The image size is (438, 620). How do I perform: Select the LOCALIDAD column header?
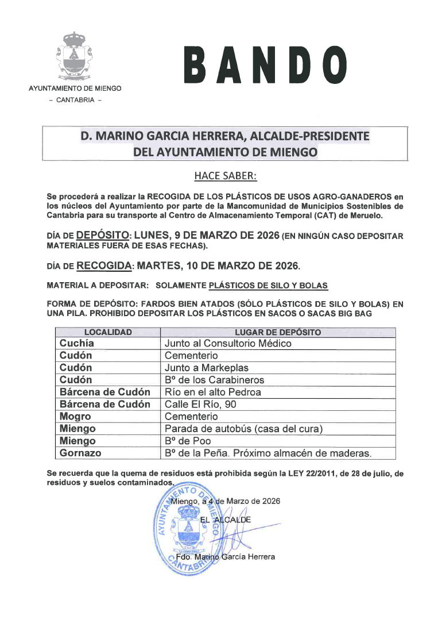tap(108, 332)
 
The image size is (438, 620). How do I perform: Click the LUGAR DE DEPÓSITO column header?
tap(278, 332)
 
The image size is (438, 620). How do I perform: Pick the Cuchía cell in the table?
tap(77, 343)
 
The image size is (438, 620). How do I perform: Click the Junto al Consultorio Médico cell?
tap(228, 343)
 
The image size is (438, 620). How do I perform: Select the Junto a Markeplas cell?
tap(207, 368)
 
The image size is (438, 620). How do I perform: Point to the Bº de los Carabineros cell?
tap(215, 380)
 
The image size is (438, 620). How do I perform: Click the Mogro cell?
tap(75, 416)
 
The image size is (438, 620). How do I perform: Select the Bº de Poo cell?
tap(188, 441)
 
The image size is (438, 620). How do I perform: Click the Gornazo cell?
tap(80, 453)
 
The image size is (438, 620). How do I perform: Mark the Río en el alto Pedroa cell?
tap(213, 392)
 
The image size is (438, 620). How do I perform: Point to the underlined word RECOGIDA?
tap(104, 266)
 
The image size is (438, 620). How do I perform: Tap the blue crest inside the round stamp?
tap(190, 531)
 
